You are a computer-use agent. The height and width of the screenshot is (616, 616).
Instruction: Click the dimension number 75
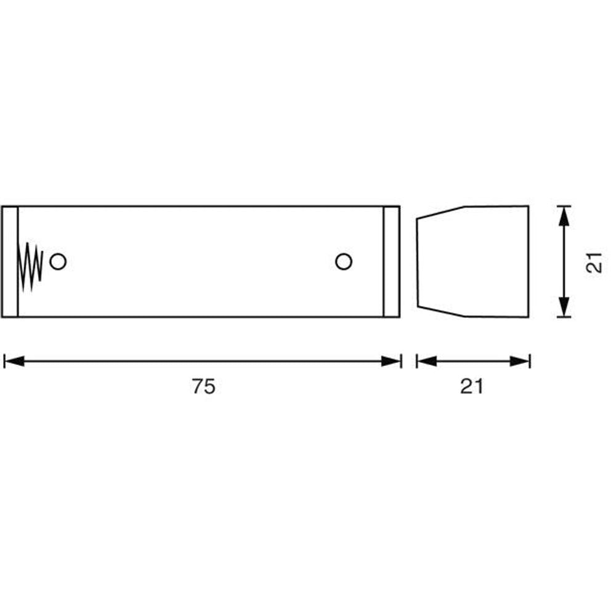point(203,386)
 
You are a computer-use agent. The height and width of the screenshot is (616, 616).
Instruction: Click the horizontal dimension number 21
point(472,386)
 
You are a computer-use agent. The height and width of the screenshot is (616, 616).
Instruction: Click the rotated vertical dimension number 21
point(593,262)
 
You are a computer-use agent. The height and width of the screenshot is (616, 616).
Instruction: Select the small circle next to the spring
point(58,262)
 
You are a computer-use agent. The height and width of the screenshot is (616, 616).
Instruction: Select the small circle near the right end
point(344,262)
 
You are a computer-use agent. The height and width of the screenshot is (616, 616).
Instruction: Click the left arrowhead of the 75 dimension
point(14,361)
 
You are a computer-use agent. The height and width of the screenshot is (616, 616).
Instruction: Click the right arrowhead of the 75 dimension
point(391,361)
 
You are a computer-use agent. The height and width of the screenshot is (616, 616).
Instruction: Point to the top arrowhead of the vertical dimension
point(563,216)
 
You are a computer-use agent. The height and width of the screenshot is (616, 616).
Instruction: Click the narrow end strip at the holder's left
point(10,262)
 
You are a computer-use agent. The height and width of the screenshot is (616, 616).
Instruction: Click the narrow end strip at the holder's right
point(391,262)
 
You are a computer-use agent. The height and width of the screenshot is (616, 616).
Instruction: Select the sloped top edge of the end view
point(440,212)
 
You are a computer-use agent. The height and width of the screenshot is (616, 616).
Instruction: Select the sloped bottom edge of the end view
point(440,311)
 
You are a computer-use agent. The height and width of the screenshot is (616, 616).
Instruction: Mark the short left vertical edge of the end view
point(418,262)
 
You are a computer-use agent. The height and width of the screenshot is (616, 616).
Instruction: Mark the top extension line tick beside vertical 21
point(563,206)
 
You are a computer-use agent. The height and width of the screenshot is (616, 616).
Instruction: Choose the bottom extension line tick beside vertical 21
point(563,317)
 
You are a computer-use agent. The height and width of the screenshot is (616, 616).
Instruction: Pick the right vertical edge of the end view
point(529,262)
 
